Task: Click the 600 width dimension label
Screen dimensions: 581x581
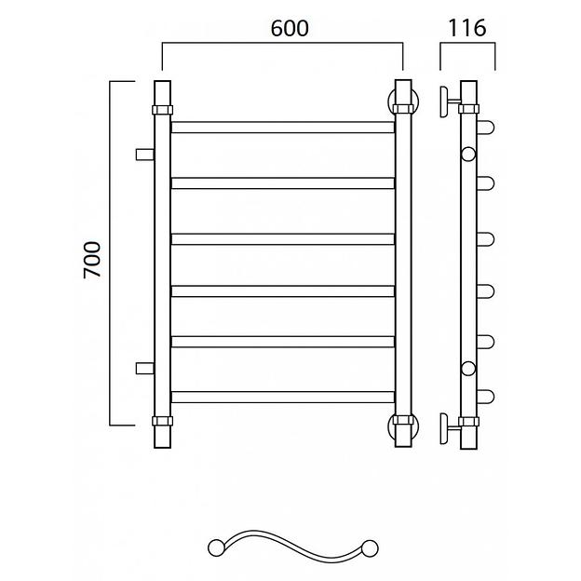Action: tap(290, 28)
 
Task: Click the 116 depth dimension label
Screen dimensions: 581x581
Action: tap(466, 28)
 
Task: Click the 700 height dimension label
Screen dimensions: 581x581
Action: tap(92, 260)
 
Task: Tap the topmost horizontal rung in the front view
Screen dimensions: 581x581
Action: tap(283, 127)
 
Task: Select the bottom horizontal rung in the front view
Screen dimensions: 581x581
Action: tap(283, 397)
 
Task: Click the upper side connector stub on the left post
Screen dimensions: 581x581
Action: tap(145, 155)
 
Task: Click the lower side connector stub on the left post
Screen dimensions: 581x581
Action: tap(145, 369)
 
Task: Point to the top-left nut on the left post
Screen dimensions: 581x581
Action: tap(162, 110)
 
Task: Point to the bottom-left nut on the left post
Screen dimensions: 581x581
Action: tap(162, 421)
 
